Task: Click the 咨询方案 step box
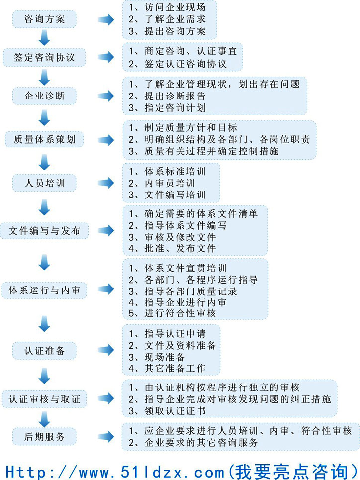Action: pyautogui.click(x=44, y=20)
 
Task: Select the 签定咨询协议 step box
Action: pyautogui.click(x=44, y=57)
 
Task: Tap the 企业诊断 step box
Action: pyautogui.click(x=44, y=96)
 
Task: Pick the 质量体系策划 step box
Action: pyautogui.click(x=44, y=139)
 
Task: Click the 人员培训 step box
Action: pyautogui.click(x=44, y=183)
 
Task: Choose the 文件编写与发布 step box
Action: pyautogui.click(x=44, y=231)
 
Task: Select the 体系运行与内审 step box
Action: pyautogui.click(x=44, y=290)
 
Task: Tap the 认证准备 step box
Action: pyautogui.click(x=44, y=351)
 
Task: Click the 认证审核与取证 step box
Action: pyautogui.click(x=44, y=399)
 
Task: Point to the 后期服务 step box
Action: pyautogui.click(x=44, y=437)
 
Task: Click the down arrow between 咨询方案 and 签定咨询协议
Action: pyautogui.click(x=44, y=38)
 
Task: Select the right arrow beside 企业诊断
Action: pyautogui.click(x=105, y=96)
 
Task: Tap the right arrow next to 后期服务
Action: pyautogui.click(x=105, y=437)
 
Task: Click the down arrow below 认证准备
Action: pyautogui.click(x=44, y=375)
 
